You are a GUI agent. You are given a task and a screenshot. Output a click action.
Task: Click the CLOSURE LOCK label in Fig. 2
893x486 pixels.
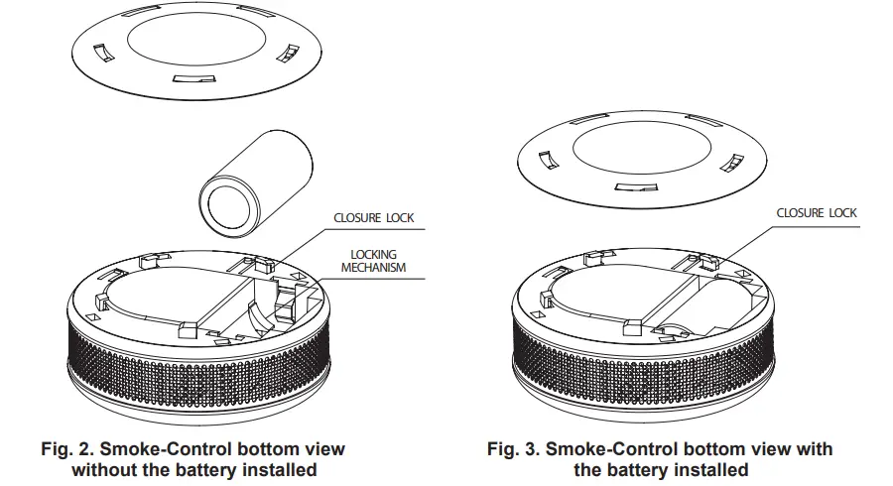coord(373,217)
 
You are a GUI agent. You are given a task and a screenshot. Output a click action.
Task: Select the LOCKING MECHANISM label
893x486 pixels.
coord(373,261)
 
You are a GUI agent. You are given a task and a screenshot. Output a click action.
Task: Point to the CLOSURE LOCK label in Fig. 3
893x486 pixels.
coord(816,212)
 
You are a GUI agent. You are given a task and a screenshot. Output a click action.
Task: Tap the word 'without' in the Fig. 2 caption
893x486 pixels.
coord(106,469)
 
